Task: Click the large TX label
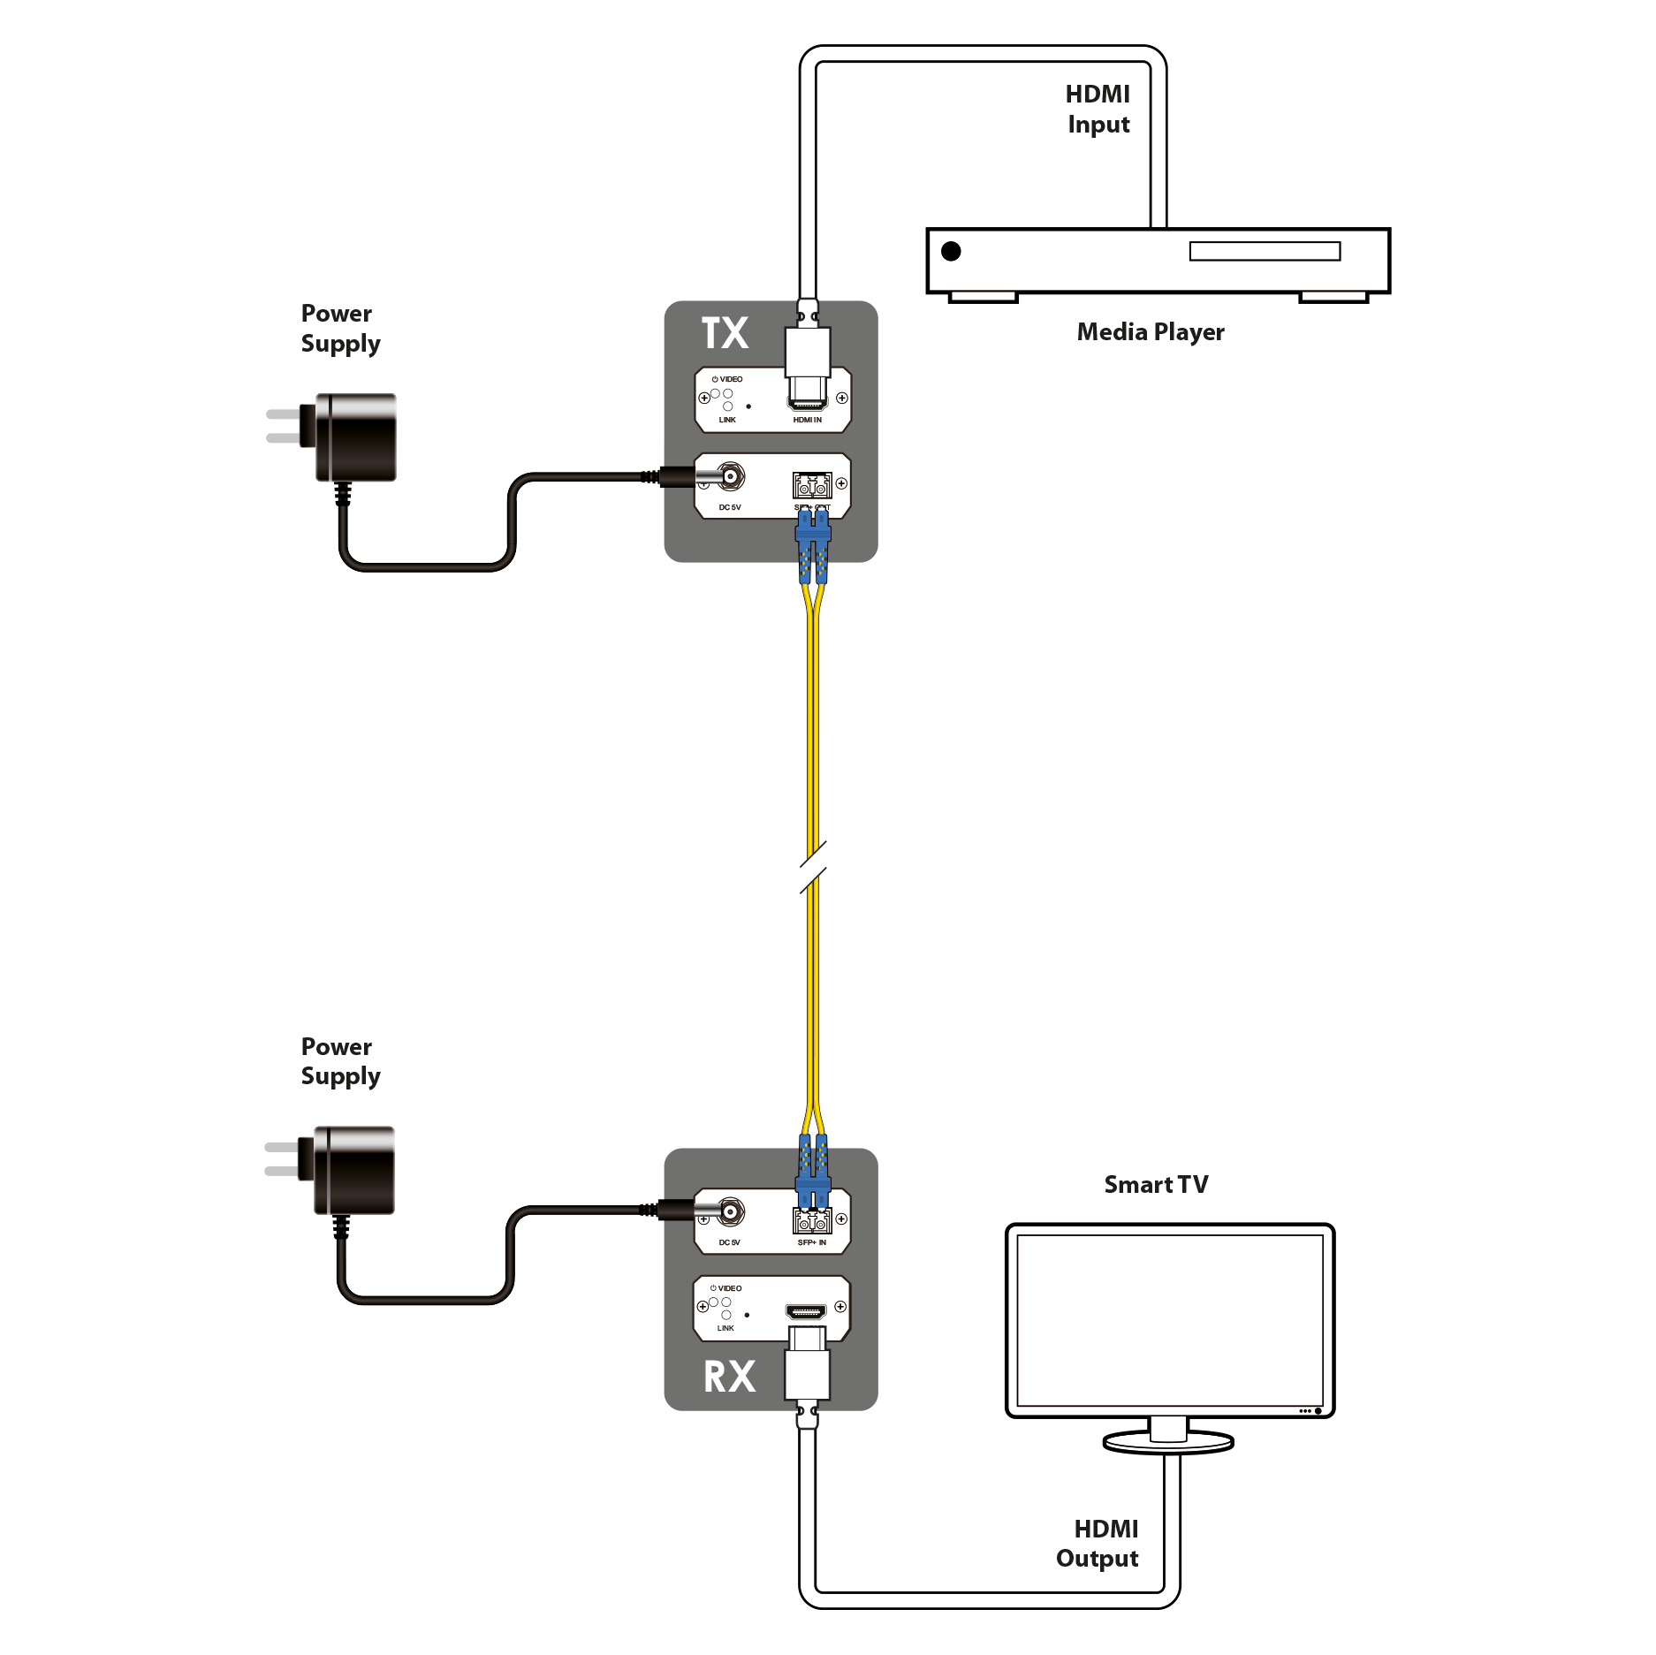pos(725,334)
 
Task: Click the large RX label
pos(729,1377)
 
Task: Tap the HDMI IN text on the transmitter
pos(807,420)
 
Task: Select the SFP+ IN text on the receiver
pos(811,1242)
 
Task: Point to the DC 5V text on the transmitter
pos(730,507)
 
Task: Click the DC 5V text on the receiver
pos(730,1242)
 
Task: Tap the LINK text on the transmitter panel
pos(727,420)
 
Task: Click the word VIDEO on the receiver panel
pos(729,1288)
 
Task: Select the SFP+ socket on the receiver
pos(812,1222)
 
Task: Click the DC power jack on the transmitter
pos(731,478)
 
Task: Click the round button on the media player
pos(951,251)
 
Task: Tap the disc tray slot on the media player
pos(1265,252)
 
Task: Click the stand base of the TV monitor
pos(1167,1443)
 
